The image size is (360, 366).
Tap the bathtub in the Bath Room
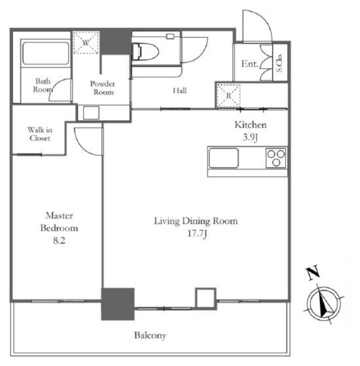[x=46, y=53]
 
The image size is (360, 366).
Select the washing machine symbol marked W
[x=86, y=43]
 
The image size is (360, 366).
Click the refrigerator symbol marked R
[x=229, y=96]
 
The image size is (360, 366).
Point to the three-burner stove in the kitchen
[x=276, y=158]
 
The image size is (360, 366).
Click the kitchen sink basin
[x=224, y=158]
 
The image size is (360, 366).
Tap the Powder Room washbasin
[x=91, y=113]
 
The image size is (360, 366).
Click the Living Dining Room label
[x=196, y=221]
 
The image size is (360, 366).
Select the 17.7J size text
[x=197, y=234]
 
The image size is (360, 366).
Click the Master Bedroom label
[x=59, y=222]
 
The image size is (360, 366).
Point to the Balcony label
[x=150, y=336]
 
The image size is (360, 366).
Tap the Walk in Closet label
[x=40, y=134]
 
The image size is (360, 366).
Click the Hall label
[x=180, y=90]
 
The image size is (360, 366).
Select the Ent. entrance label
[x=250, y=64]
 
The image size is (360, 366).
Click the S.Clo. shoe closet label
[x=279, y=63]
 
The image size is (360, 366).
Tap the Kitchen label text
[x=250, y=125]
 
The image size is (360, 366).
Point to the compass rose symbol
[x=324, y=304]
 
